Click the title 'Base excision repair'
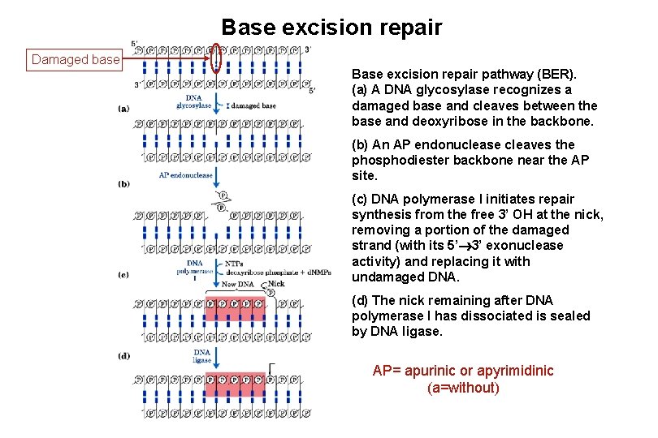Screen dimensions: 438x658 pos(331,28)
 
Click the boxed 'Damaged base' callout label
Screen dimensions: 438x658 pos(76,59)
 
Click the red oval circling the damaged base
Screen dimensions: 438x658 pos(216,58)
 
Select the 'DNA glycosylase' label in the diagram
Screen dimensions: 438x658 pos(193,101)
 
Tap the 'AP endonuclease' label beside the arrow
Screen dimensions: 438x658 pos(185,174)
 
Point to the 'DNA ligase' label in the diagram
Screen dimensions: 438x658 pos(202,355)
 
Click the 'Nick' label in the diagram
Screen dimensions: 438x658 pos(276,284)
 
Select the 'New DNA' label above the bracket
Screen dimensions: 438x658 pos(238,285)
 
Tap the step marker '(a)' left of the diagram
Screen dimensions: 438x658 pos(123,108)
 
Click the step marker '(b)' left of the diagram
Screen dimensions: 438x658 pos(123,184)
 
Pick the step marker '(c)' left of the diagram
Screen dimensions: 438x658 pos(123,275)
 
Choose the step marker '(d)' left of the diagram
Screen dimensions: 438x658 pos(123,356)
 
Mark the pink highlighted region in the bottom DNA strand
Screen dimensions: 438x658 pos(236,384)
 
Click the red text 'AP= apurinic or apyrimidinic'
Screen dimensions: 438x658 pos(463,371)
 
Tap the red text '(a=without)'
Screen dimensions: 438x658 pos(463,388)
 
